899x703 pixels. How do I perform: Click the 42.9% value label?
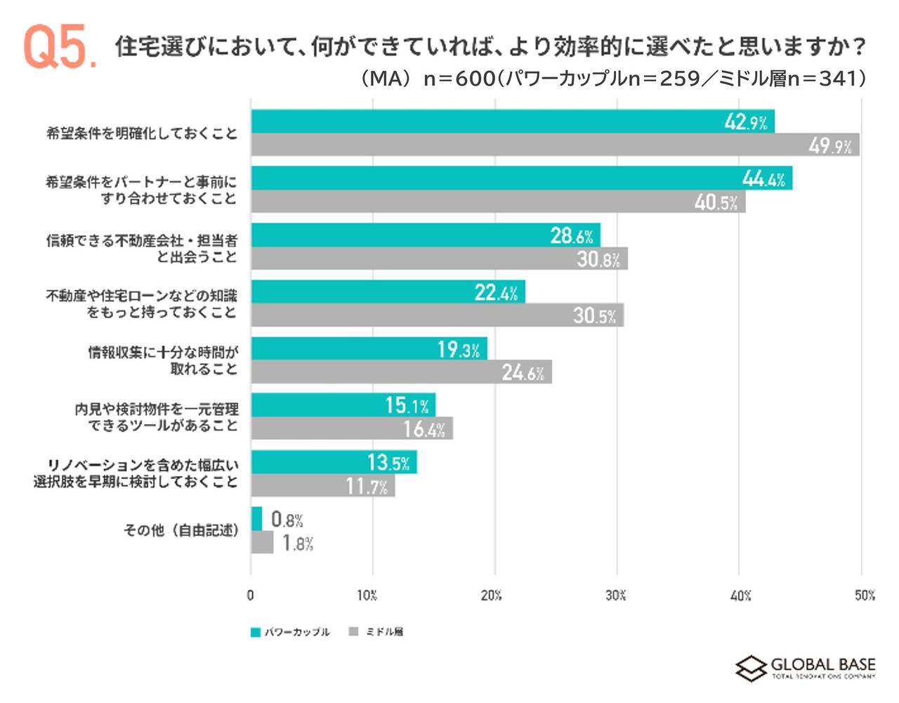[746, 122]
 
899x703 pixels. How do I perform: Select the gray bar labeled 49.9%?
[555, 145]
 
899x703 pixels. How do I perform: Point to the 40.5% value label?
[716, 203]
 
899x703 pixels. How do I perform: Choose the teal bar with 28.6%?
[425, 235]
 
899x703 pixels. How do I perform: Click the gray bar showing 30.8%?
[439, 259]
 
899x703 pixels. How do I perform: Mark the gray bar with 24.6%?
[401, 372]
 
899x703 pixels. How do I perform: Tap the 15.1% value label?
[407, 405]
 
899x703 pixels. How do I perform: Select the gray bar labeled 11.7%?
[322, 486]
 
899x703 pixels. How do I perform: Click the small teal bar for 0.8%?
[256, 519]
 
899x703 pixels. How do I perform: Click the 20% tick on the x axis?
[492, 596]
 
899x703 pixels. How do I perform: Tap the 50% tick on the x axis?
[865, 596]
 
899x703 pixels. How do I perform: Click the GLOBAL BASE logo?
[806, 668]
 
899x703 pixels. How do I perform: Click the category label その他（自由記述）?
[181, 530]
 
